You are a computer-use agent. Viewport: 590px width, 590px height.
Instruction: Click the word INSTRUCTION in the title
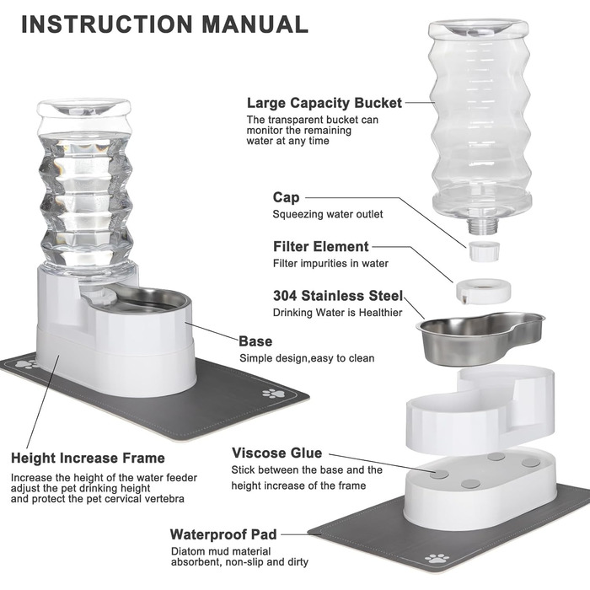tap(107, 24)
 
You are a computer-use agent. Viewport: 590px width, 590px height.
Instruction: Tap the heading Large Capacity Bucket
tap(324, 103)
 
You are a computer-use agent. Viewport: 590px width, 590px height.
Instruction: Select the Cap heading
tap(286, 197)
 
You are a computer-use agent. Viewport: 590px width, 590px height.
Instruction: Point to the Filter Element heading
tap(320, 246)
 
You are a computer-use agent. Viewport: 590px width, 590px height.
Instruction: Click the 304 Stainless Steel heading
tap(338, 296)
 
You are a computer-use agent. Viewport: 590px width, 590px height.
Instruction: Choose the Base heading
tap(255, 341)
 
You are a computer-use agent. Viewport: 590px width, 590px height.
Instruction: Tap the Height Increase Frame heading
tap(88, 458)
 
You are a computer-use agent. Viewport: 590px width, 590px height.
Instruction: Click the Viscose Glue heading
tap(277, 453)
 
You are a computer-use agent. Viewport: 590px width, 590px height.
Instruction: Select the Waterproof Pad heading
tap(223, 534)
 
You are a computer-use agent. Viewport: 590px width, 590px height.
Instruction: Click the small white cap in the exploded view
tap(485, 251)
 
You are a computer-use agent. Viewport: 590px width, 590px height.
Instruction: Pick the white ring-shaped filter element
tap(484, 290)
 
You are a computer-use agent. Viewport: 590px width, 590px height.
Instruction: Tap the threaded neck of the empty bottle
tap(483, 225)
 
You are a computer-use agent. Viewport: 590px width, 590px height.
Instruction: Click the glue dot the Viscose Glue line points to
tap(439, 474)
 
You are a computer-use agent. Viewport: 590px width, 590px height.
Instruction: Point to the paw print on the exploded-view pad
tap(437, 558)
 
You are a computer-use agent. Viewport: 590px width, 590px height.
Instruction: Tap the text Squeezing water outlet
tap(328, 214)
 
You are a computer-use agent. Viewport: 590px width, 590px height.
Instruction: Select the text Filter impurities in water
tap(330, 263)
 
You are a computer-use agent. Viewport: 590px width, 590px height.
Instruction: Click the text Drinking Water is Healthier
tap(337, 313)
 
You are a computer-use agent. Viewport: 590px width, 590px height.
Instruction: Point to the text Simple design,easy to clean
tap(307, 358)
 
